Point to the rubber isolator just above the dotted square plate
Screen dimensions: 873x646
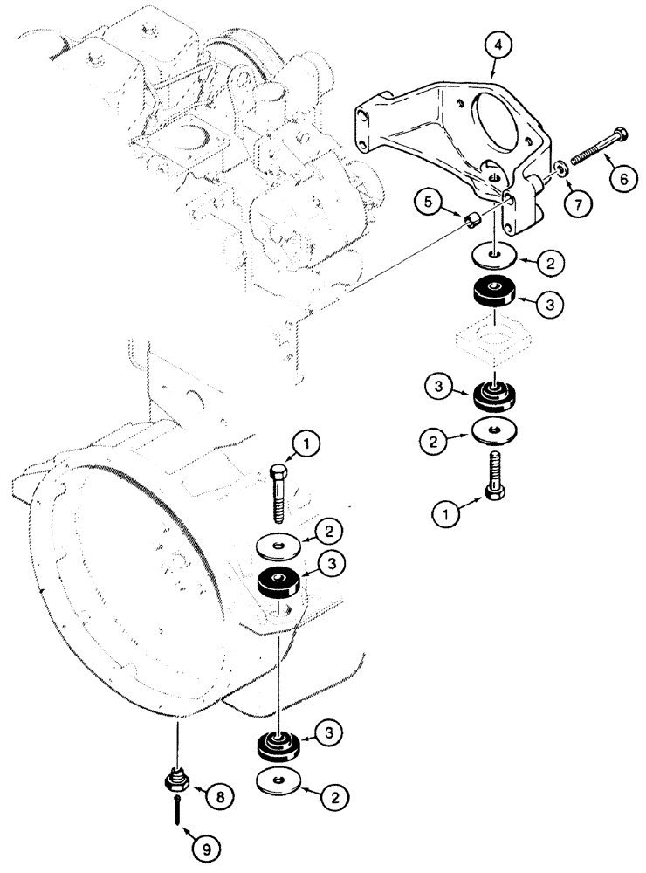(x=495, y=292)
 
